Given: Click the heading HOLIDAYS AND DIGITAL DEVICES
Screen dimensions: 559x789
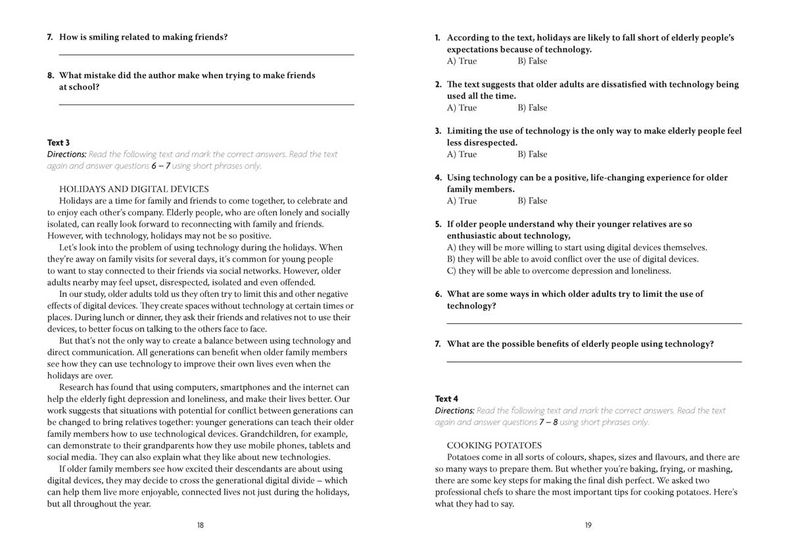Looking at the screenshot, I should (133, 189).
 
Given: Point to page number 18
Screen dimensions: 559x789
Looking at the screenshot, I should (201, 525).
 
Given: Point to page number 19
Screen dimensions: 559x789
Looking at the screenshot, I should (588, 525).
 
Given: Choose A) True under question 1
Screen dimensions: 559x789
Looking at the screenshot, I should (462, 61).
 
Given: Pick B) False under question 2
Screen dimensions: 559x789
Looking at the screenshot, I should (532, 108).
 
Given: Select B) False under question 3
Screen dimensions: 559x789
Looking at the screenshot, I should (532, 154).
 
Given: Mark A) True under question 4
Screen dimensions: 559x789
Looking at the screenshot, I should (462, 201).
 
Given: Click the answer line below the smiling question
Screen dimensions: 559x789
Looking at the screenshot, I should (206, 55).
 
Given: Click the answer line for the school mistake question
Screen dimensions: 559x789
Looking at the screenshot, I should (206, 104).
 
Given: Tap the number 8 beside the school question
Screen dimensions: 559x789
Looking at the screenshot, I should (50, 76).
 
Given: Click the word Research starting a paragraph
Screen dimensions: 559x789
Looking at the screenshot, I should (77, 388).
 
